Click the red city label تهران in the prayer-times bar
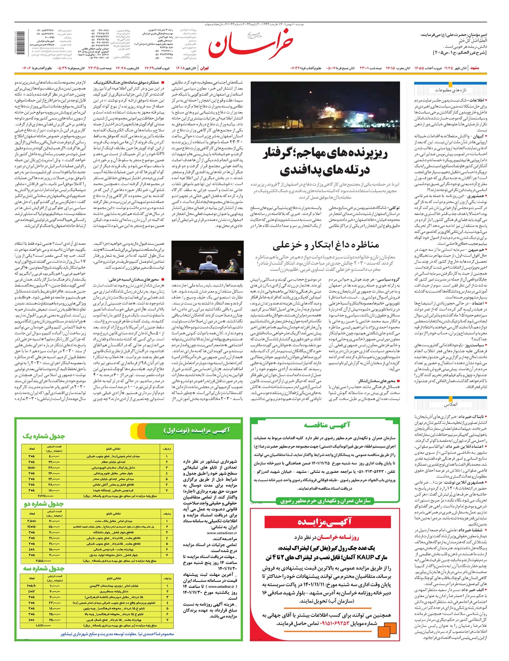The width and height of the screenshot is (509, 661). click(x=204, y=68)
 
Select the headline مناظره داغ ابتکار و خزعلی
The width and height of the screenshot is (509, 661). click(x=325, y=245)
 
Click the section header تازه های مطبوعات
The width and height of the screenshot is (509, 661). click(x=453, y=90)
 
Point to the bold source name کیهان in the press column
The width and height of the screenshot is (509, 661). click(x=480, y=136)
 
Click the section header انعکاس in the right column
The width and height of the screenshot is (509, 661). click(x=451, y=404)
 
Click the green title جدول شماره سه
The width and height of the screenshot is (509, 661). click(x=43, y=568)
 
